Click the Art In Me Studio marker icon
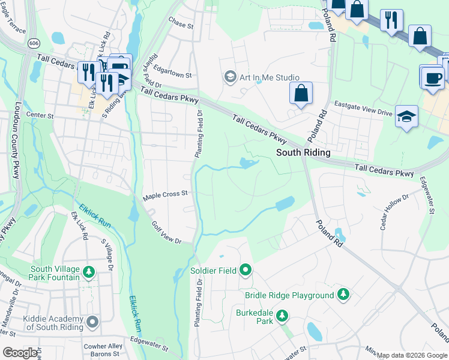[229, 77]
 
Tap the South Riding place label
[303, 153]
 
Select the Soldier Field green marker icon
[246, 271]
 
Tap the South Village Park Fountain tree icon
[89, 273]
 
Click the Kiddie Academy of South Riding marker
[92, 323]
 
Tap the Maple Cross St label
[166, 194]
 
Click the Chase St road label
[181, 24]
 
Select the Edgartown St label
[172, 72]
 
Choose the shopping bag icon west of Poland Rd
[301, 94]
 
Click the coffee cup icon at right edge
[432, 77]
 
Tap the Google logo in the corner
[20, 353]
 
